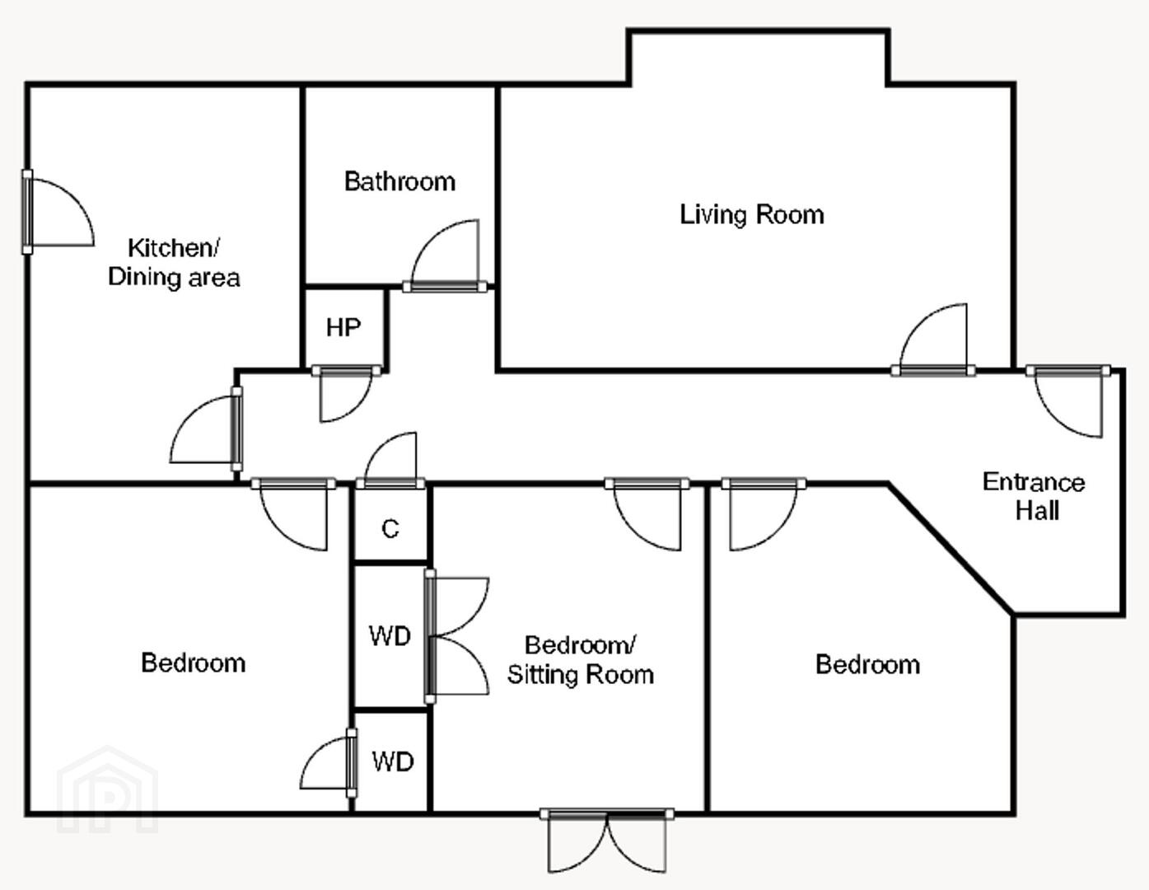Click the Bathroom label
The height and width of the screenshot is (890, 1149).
399,181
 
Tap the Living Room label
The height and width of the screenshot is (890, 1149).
752,215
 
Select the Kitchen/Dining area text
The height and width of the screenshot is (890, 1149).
174,263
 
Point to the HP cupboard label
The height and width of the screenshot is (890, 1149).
343,328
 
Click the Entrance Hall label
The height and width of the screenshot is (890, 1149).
1035,497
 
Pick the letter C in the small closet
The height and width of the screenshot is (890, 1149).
390,529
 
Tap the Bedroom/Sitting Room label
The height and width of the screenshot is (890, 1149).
581,660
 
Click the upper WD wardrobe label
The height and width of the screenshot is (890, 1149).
390,636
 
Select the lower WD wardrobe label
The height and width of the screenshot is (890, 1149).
392,762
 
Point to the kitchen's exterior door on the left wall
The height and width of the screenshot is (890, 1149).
58,212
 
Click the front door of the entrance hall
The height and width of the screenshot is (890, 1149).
1068,401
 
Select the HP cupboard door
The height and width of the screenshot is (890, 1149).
346,393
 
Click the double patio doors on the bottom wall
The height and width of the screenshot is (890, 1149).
607,840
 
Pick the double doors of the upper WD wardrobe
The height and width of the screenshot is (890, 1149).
457,637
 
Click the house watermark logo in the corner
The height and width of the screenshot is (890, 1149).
108,789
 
